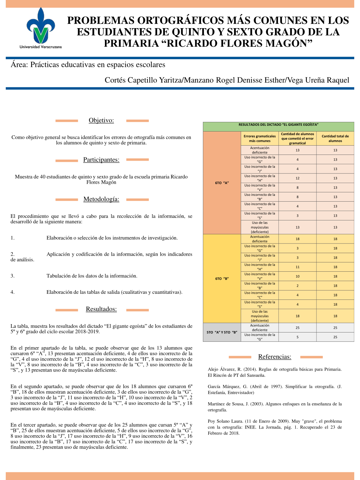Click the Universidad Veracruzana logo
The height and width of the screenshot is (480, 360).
coord(41,28)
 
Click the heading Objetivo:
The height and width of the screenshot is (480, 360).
coord(101,120)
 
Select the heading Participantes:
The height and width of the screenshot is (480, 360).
coord(101,160)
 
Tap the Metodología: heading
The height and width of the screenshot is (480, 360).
coord(101,199)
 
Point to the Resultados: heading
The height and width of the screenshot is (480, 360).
coord(101,309)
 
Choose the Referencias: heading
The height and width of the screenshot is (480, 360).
coord(275,357)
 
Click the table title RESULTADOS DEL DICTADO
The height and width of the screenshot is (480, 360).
coord(278,125)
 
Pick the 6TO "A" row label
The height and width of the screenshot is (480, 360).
coord(222,183)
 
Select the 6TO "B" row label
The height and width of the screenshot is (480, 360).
coord(222,278)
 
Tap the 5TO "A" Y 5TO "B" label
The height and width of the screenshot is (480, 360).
coord(222,332)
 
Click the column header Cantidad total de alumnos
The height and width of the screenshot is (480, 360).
coord(335,139)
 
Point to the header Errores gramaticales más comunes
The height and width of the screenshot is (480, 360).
coord(260,139)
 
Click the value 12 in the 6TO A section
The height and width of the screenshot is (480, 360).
coord(298,178)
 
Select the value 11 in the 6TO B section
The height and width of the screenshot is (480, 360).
coord(298,267)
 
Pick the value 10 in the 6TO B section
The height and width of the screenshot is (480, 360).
coord(298,276)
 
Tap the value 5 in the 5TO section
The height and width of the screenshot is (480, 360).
coord(298,337)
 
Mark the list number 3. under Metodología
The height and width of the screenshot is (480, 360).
coord(12,276)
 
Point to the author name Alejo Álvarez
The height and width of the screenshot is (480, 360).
coord(224,369)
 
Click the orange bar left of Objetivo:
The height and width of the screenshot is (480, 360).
coord(67,121)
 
